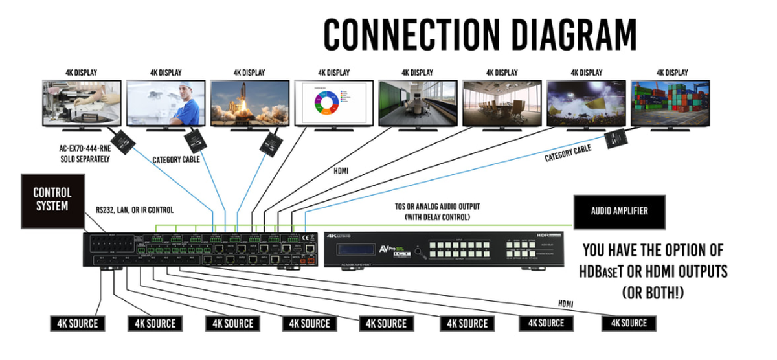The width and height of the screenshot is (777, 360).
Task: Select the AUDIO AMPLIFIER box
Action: coord(619,210)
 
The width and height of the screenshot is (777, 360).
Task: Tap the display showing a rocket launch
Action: coord(249,102)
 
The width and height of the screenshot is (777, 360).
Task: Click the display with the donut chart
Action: coord(333,102)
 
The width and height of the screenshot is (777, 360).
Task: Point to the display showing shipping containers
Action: coord(670,102)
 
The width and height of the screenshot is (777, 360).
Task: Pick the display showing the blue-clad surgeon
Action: coord(165,102)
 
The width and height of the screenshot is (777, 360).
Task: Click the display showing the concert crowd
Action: coord(585,102)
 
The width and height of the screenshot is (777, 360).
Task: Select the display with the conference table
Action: coord(418,102)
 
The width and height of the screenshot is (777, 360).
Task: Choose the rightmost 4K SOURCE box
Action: coord(629,322)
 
